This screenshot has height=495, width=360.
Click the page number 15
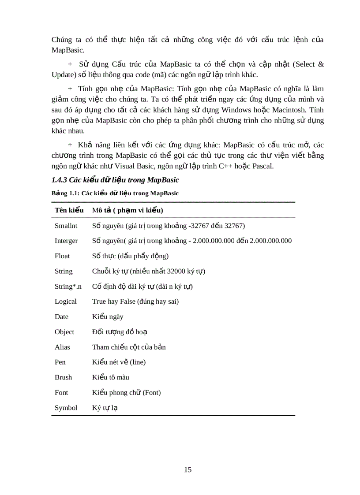(187, 469)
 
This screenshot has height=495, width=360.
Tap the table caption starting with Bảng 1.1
(115, 193)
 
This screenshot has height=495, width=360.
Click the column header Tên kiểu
(69, 210)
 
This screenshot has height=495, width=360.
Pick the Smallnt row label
(66, 226)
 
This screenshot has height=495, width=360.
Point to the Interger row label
(66, 241)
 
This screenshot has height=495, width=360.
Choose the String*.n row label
(68, 287)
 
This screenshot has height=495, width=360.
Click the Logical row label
(66, 301)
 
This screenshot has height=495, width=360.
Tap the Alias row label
(62, 347)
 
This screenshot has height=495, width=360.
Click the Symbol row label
(66, 408)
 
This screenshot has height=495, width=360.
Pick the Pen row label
(60, 362)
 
